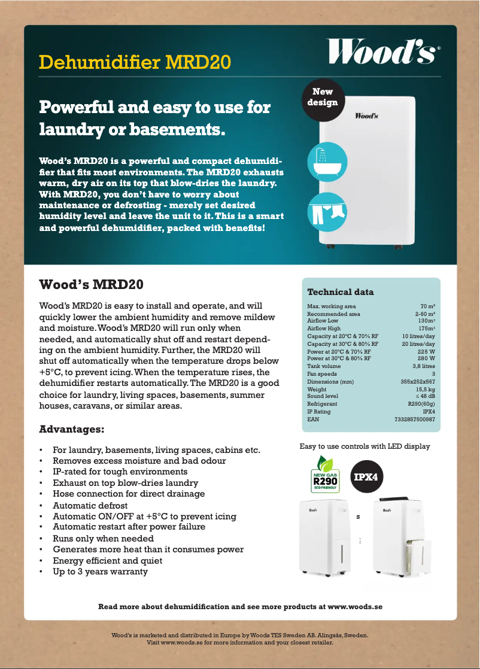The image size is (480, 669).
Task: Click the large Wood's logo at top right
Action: (x=384, y=51)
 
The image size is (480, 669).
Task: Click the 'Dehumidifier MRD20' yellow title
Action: (x=134, y=62)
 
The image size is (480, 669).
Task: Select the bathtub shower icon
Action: (x=324, y=160)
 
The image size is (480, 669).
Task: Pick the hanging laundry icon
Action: (x=324, y=209)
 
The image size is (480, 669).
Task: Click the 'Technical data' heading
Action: (x=340, y=292)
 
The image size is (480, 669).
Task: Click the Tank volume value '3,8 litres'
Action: (x=423, y=366)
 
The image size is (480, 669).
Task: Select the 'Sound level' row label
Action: (x=323, y=396)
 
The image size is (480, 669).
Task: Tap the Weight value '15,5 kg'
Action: (x=424, y=390)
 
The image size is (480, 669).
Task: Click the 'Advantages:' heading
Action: (x=72, y=430)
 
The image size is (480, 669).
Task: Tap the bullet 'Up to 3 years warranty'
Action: (x=100, y=571)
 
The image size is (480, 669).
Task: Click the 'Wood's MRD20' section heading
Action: (x=91, y=284)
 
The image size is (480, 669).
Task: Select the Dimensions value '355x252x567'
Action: (x=417, y=382)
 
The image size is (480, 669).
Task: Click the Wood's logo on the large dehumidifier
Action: (x=366, y=115)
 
